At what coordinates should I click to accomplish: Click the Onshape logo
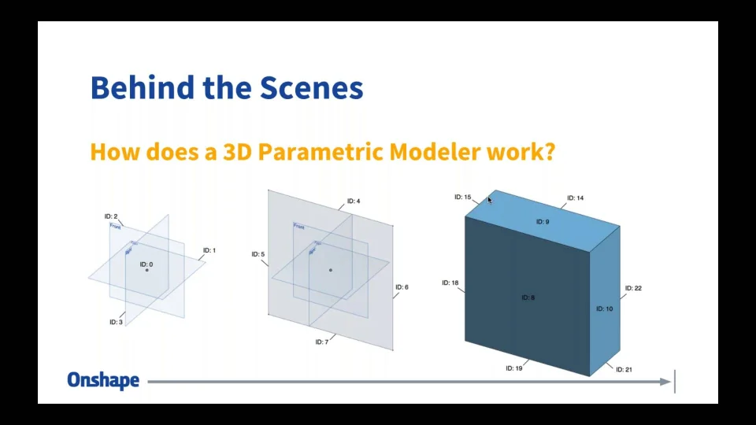pos(103,381)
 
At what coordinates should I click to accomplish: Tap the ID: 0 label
pos(146,264)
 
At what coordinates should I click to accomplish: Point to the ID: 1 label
pos(209,250)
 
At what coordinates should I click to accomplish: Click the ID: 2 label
pos(111,216)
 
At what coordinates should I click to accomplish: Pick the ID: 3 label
pos(116,322)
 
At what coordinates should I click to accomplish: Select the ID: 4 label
pos(354,201)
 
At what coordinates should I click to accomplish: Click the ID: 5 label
pos(258,254)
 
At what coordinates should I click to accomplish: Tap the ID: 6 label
pos(402,287)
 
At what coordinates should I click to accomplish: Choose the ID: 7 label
pos(321,342)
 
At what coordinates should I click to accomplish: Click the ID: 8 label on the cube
pos(528,297)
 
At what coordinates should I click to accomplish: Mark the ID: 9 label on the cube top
pos(543,222)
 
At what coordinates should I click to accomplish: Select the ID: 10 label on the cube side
pos(604,309)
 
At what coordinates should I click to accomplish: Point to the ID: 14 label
pos(576,198)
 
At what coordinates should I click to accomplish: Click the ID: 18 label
pos(450,283)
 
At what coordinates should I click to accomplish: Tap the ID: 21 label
pos(624,369)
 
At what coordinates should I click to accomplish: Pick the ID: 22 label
pos(633,288)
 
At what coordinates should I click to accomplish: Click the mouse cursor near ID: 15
pos(489,201)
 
